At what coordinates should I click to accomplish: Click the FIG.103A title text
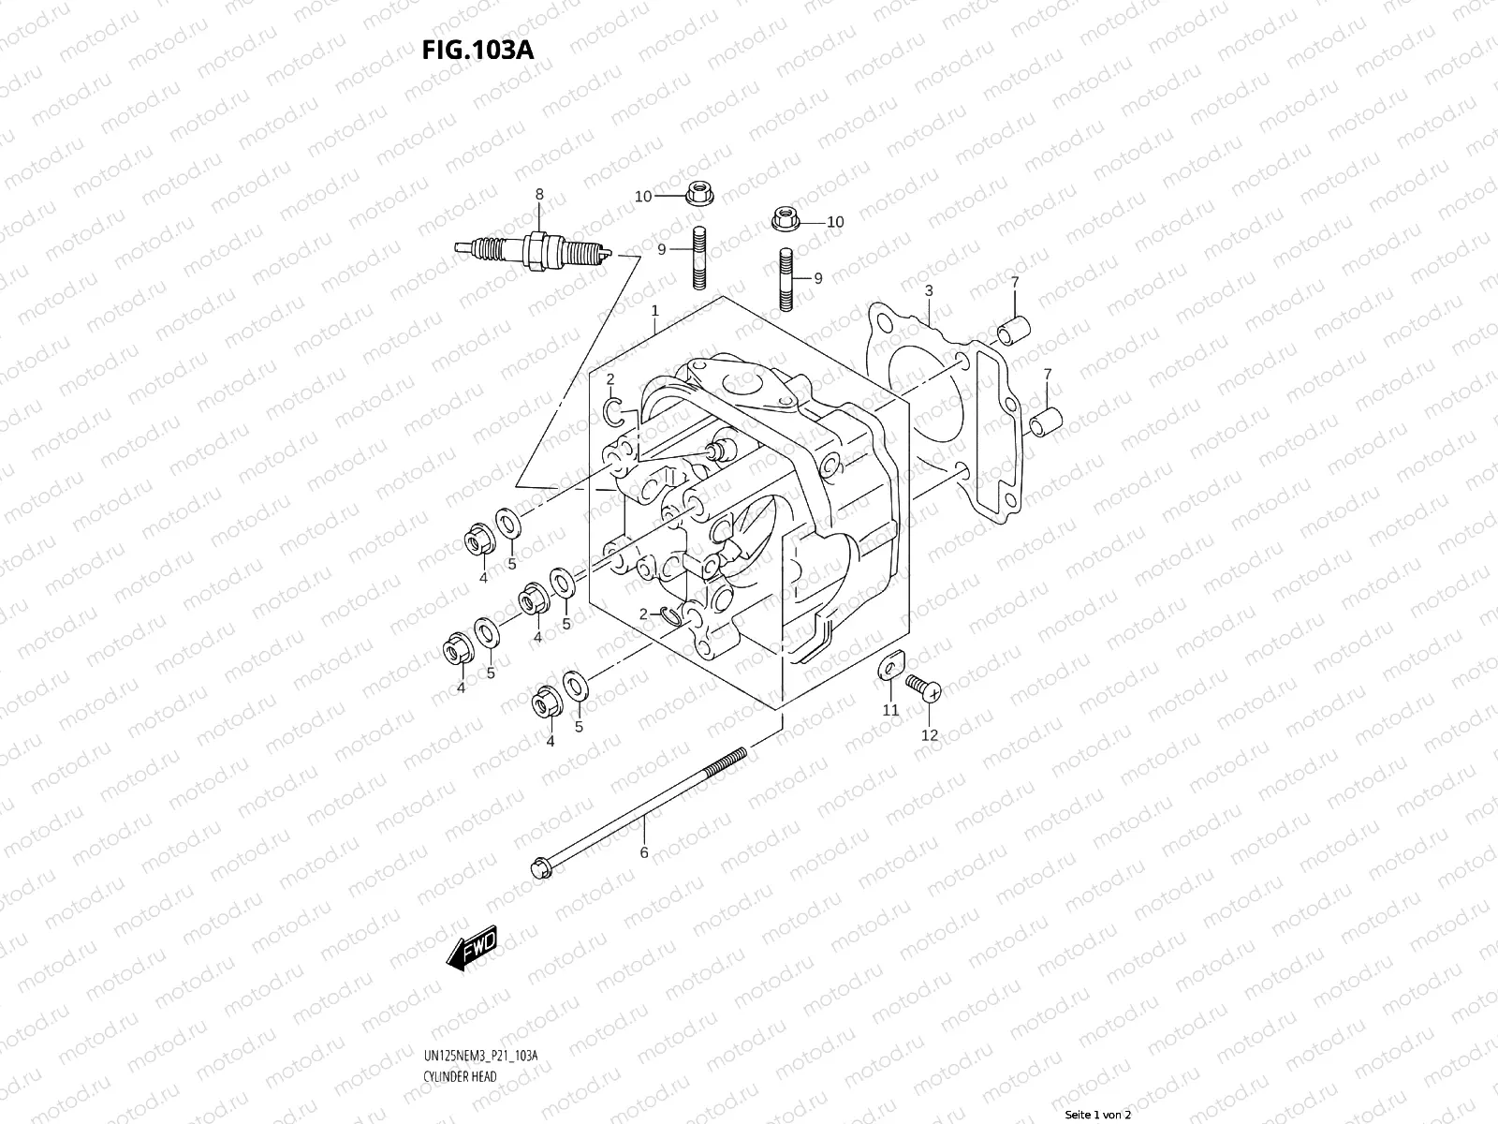tap(478, 49)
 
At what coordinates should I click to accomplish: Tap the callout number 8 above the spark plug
tap(538, 194)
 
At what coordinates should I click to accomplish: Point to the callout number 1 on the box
tap(654, 310)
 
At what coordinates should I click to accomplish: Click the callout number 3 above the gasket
tap(928, 290)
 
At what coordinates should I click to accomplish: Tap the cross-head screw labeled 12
tap(926, 690)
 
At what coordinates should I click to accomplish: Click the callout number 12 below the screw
tap(929, 735)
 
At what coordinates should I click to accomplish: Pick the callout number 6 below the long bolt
tap(643, 852)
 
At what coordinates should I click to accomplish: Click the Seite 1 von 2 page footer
tap(1098, 1115)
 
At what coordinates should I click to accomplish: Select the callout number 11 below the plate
tap(890, 710)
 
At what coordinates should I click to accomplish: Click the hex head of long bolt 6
tap(541, 866)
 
